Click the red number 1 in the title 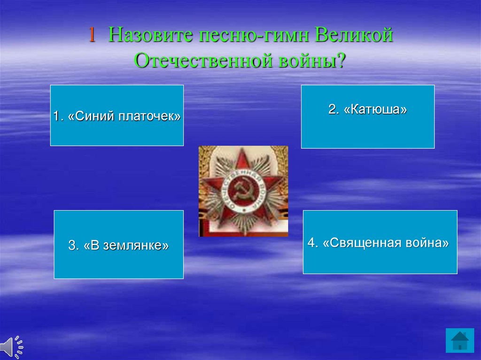[x=92, y=35]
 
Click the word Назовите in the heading [x=151, y=35]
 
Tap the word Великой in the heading [x=354, y=35]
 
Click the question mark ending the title [x=341, y=61]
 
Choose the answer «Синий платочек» [x=117, y=115]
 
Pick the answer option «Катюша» [x=368, y=116]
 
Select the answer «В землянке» [x=119, y=245]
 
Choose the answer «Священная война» [x=380, y=242]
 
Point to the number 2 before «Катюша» [x=332, y=109]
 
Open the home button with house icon [x=460, y=341]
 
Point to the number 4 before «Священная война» [x=311, y=243]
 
